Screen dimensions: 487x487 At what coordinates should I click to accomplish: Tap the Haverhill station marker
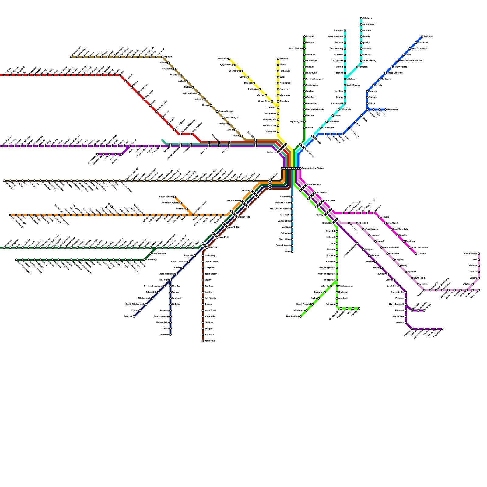click(x=304, y=37)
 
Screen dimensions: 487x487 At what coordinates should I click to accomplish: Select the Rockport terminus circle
click(x=422, y=37)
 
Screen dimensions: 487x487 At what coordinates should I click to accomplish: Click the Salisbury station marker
click(x=361, y=18)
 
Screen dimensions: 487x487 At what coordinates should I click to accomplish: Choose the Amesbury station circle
click(x=345, y=30)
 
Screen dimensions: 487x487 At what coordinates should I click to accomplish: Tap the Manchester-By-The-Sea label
click(x=411, y=61)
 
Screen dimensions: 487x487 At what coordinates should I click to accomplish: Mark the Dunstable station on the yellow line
click(x=229, y=59)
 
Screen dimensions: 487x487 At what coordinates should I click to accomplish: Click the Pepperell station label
click(x=169, y=57)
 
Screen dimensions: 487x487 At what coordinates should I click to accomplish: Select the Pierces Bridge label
click(x=226, y=112)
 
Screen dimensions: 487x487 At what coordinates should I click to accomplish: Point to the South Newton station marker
click(x=174, y=197)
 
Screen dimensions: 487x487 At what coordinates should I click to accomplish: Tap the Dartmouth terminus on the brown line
click(x=203, y=341)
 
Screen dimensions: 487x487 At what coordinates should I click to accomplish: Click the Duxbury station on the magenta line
click(x=416, y=254)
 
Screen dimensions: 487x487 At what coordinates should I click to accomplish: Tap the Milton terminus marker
click(x=292, y=252)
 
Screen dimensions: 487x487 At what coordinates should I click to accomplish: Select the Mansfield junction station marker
click(x=170, y=280)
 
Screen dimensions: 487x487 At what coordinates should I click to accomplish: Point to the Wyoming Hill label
click(x=296, y=122)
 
